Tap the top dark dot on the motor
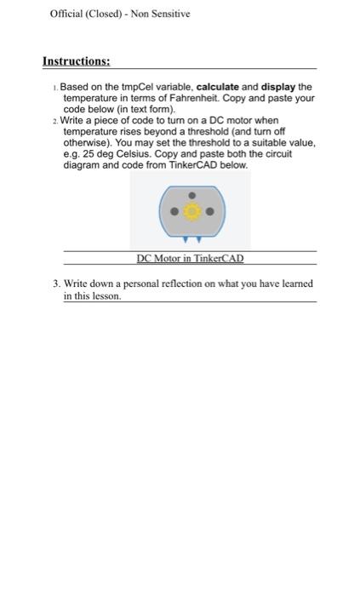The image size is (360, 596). [191, 194]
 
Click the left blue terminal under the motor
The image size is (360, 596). [185, 238]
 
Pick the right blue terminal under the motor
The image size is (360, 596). [197, 238]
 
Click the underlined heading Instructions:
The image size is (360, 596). [77, 61]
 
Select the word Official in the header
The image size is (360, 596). [66, 14]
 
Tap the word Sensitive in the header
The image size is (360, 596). [171, 14]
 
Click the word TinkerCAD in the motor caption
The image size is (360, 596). [216, 258]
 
